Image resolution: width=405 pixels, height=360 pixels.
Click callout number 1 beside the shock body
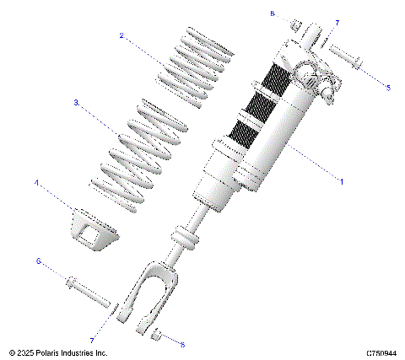tap(341, 181)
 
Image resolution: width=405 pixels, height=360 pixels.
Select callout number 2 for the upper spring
tap(122, 36)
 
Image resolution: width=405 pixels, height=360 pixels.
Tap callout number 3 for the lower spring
tap(76, 102)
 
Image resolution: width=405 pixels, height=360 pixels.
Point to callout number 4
tap(36, 181)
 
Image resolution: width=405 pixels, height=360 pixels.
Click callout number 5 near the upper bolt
tap(388, 87)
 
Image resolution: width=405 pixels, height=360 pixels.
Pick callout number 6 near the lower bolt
tap(37, 262)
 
